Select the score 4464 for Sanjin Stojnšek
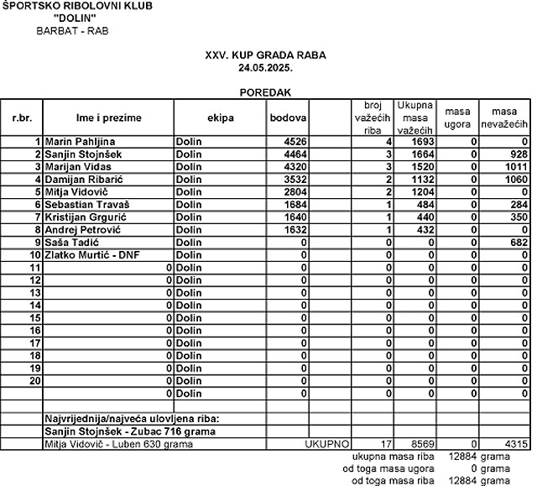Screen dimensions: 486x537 pyautogui.click(x=294, y=155)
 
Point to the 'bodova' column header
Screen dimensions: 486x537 pyautogui.click(x=288, y=118)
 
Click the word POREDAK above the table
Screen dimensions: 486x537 pyautogui.click(x=265, y=92)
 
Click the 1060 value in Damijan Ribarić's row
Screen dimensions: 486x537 pyautogui.click(x=516, y=180)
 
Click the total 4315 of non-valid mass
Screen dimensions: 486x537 pyautogui.click(x=516, y=443)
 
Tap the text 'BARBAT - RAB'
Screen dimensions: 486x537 pyautogui.click(x=72, y=31)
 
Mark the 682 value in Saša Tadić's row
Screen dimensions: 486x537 pyautogui.click(x=519, y=243)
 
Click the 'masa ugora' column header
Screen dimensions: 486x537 pyautogui.click(x=457, y=118)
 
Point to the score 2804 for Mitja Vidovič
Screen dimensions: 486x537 pyautogui.click(x=294, y=192)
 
